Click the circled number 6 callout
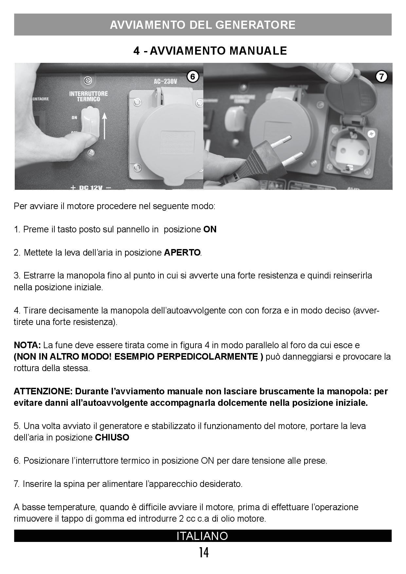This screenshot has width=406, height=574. pyautogui.click(x=193, y=77)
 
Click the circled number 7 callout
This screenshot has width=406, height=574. pyautogui.click(x=381, y=77)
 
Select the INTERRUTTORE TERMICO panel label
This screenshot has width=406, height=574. pyautogui.click(x=88, y=97)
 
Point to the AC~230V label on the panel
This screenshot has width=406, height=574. pyautogui.click(x=165, y=81)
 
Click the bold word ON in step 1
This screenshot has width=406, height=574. pyautogui.click(x=210, y=229)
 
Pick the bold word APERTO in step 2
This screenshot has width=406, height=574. pyautogui.click(x=182, y=253)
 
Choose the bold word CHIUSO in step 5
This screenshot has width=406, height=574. pyautogui.click(x=112, y=438)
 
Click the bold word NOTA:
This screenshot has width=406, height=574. pyautogui.click(x=27, y=345)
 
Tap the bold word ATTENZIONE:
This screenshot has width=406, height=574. pyautogui.click(x=43, y=391)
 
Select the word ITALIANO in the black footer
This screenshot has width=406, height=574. pyautogui.click(x=202, y=536)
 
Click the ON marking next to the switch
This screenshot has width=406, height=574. pyautogui.click(x=75, y=117)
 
